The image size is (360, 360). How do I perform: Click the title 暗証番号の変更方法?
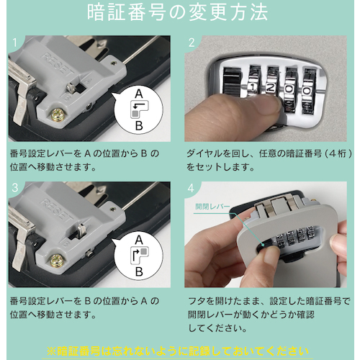pyautogui.click(x=177, y=12)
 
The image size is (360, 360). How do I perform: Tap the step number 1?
pyautogui.click(x=15, y=42)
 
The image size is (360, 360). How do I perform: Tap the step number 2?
pyautogui.click(x=192, y=42)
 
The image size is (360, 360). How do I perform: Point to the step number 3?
pyautogui.click(x=15, y=188)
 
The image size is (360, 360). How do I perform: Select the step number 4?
pyautogui.click(x=191, y=188)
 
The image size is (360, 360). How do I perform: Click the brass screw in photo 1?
pyautogui.click(x=58, y=114)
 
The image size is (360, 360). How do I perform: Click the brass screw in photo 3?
pyautogui.click(x=57, y=260)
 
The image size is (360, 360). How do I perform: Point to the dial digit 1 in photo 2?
pyautogui.click(x=252, y=88)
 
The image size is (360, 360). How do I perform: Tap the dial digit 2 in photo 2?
pyautogui.click(x=271, y=89)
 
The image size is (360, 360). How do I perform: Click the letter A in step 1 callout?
pyautogui.click(x=139, y=94)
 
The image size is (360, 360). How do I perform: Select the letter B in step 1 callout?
pyautogui.click(x=139, y=125)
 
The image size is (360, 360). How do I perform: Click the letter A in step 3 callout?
pyautogui.click(x=139, y=240)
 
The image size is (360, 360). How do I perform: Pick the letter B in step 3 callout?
pyautogui.click(x=139, y=271)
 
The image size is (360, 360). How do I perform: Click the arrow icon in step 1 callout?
pyautogui.click(x=139, y=106)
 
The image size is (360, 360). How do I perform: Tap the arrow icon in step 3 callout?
pyautogui.click(x=135, y=256)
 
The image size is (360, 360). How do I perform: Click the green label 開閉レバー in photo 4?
pyautogui.click(x=212, y=207)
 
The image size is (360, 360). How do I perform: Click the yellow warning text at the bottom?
pyautogui.click(x=178, y=352)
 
